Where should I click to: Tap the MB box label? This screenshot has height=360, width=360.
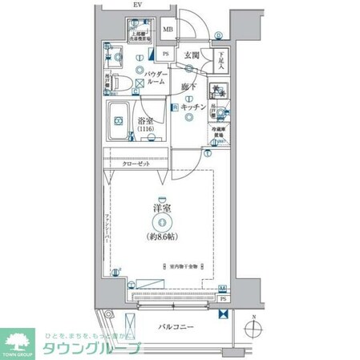click(168, 31)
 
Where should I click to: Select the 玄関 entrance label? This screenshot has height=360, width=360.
click(191, 55)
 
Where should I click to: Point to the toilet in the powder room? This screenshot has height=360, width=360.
click(118, 83)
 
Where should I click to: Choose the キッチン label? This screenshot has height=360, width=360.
click(193, 107)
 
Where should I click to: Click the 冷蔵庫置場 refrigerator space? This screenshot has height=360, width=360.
click(218, 132)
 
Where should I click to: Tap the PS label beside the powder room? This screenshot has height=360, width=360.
click(166, 55)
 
